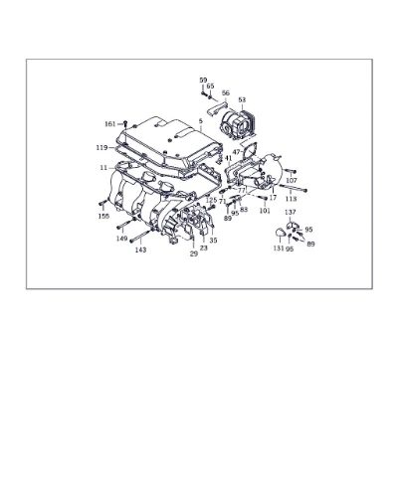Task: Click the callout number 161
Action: tap(109, 124)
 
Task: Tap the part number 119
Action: tap(101, 147)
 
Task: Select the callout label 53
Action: tap(242, 99)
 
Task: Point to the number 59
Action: tap(203, 81)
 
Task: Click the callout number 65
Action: tap(210, 86)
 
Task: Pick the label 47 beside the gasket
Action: tap(237, 152)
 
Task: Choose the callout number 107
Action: tap(292, 181)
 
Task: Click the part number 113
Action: tap(292, 199)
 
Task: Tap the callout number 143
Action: tap(140, 249)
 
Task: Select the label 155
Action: tap(103, 217)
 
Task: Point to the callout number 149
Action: tap(122, 239)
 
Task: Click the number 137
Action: tap(291, 212)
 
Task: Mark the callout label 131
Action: tap(279, 248)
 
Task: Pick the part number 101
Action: tap(265, 211)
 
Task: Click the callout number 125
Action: tap(211, 200)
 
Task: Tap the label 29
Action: tap(194, 253)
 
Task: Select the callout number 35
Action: tap(213, 241)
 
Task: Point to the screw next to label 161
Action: tap(125, 124)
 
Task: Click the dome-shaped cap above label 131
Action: tap(280, 233)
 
